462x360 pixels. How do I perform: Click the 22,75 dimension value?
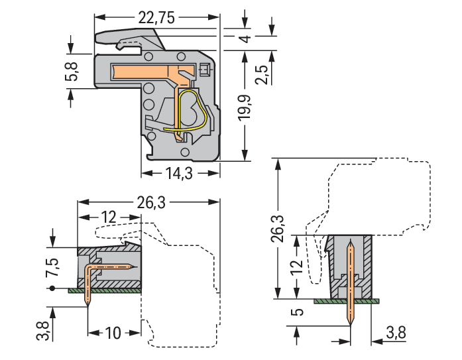tap(157, 19)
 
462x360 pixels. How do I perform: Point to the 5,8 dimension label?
tap(71, 72)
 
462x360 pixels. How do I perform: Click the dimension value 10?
tap(113, 331)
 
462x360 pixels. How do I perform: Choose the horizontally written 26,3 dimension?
tap(152, 204)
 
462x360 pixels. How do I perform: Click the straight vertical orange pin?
tap(351, 278)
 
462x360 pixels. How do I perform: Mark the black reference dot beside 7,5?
tap(52, 288)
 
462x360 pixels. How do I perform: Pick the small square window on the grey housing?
tap(204, 69)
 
